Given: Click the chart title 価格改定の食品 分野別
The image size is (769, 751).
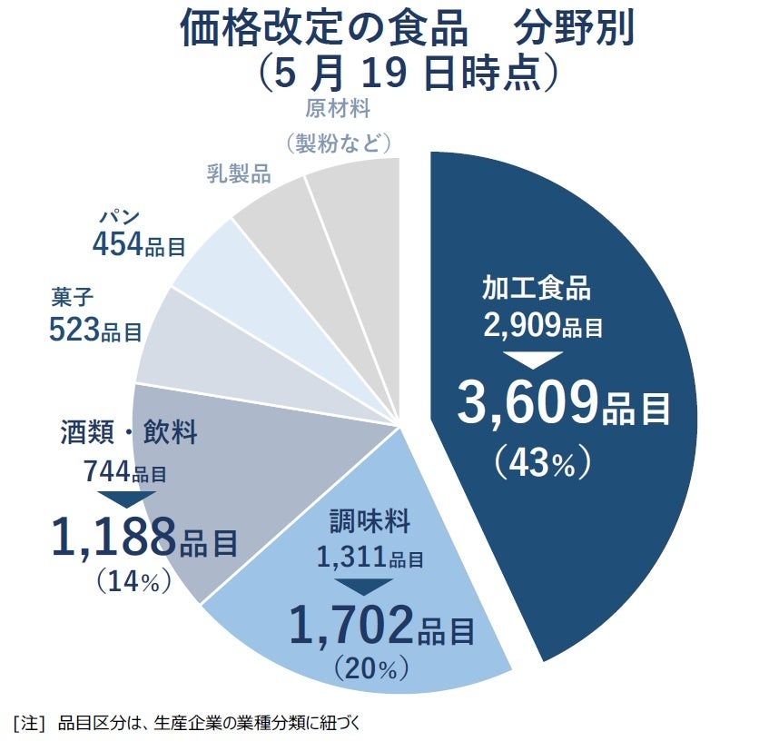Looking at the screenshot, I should pyautogui.click(x=406, y=29).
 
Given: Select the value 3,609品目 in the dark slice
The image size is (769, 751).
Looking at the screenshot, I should pyautogui.click(x=563, y=406).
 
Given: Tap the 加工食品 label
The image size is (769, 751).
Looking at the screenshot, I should pyautogui.click(x=536, y=290).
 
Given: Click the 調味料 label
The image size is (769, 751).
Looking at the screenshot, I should pyautogui.click(x=370, y=523).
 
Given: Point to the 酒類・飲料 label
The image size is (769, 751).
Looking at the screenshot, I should pyautogui.click(x=130, y=431).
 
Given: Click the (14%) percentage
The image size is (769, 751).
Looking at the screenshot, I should pyautogui.click(x=134, y=582).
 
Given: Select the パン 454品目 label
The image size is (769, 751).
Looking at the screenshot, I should pyautogui.click(x=139, y=234).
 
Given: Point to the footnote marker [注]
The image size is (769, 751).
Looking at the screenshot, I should pyautogui.click(x=29, y=724).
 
